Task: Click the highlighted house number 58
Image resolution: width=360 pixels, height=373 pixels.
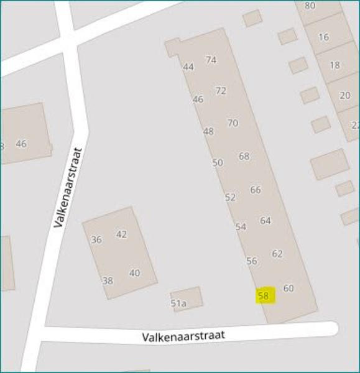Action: [x=264, y=297]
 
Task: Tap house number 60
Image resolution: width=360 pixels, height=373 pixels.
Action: [x=288, y=288]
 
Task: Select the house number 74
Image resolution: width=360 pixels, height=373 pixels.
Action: [x=211, y=60]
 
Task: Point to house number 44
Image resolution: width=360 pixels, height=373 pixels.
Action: [x=188, y=67]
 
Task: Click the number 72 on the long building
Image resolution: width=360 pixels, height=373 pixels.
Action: [x=221, y=91]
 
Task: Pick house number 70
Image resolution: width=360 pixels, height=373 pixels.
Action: [x=233, y=123]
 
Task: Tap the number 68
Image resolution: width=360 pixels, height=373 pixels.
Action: [x=244, y=156]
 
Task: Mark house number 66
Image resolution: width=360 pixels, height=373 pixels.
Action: [x=256, y=190]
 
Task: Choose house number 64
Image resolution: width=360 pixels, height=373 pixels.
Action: [x=265, y=221]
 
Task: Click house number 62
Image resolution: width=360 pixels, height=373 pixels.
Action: [x=277, y=254]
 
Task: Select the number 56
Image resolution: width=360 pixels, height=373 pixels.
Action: [x=252, y=261]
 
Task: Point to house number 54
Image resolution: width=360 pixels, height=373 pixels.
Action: [x=241, y=228]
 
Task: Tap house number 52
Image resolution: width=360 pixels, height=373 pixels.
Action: [x=230, y=198]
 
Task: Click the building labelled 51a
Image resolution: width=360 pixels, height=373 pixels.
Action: [x=179, y=303]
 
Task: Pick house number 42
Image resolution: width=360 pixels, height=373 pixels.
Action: [x=121, y=234]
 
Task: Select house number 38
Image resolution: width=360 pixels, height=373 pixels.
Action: [x=108, y=281]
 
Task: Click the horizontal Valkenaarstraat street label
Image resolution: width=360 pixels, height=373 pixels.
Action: [x=183, y=336]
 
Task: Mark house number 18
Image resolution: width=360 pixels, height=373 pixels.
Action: [x=335, y=65]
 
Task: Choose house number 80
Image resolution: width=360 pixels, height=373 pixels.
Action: [x=310, y=6]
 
